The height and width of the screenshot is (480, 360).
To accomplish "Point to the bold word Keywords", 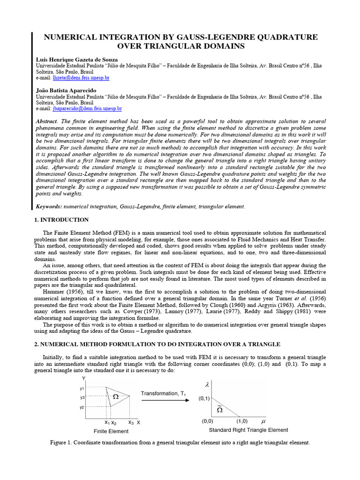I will point(49,207).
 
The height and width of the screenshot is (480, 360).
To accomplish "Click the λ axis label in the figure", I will point(207,385).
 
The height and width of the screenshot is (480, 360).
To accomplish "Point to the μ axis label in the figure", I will point(262,421).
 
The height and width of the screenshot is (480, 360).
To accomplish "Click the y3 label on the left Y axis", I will point(82,397).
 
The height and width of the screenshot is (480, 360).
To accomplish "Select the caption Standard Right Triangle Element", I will point(248,430).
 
